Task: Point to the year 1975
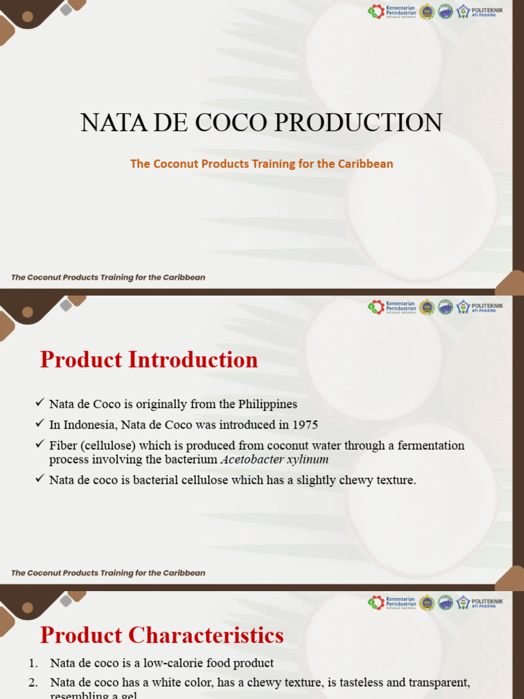point(305,425)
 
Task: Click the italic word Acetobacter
point(252,459)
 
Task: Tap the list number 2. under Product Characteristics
point(33,683)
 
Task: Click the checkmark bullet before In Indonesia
point(40,425)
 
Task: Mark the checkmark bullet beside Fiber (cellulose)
point(40,445)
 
